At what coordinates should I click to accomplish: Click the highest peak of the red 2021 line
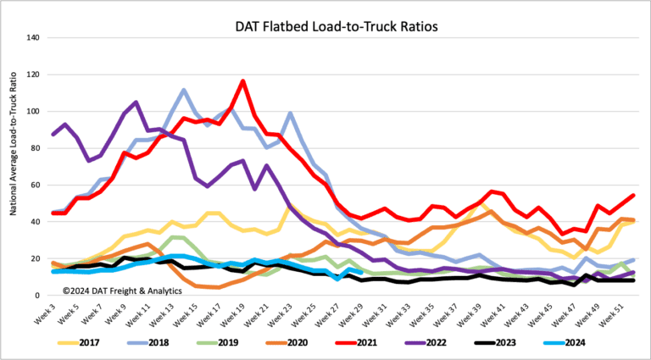click(x=243, y=81)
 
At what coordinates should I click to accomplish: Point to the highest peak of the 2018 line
click(x=184, y=90)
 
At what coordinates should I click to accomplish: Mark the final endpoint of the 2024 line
click(x=362, y=272)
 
